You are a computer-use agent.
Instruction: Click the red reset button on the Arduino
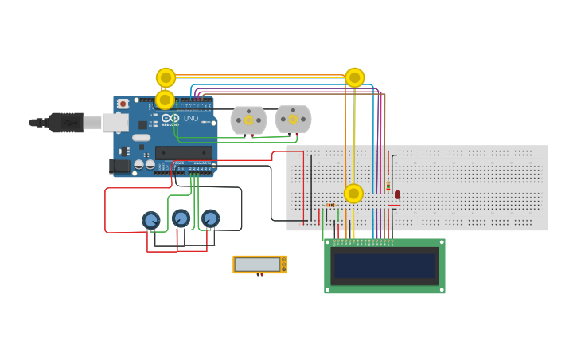123,104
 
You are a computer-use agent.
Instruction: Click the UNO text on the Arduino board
191,118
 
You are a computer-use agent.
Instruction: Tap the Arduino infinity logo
171,117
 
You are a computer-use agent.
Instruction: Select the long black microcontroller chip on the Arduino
183,153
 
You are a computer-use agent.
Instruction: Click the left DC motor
248,120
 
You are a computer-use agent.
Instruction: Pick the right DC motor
293,119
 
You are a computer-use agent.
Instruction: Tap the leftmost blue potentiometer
150,220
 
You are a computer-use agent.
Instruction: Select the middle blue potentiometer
181,218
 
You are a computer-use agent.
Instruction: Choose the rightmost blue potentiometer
210,218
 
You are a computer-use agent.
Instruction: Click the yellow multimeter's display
258,264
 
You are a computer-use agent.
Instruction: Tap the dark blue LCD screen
384,265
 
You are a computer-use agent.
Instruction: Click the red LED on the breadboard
397,194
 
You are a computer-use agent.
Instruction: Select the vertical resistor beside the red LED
388,185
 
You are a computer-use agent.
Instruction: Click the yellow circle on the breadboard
353,194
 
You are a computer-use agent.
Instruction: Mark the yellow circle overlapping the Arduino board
165,100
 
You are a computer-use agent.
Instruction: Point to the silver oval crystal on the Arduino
141,138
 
